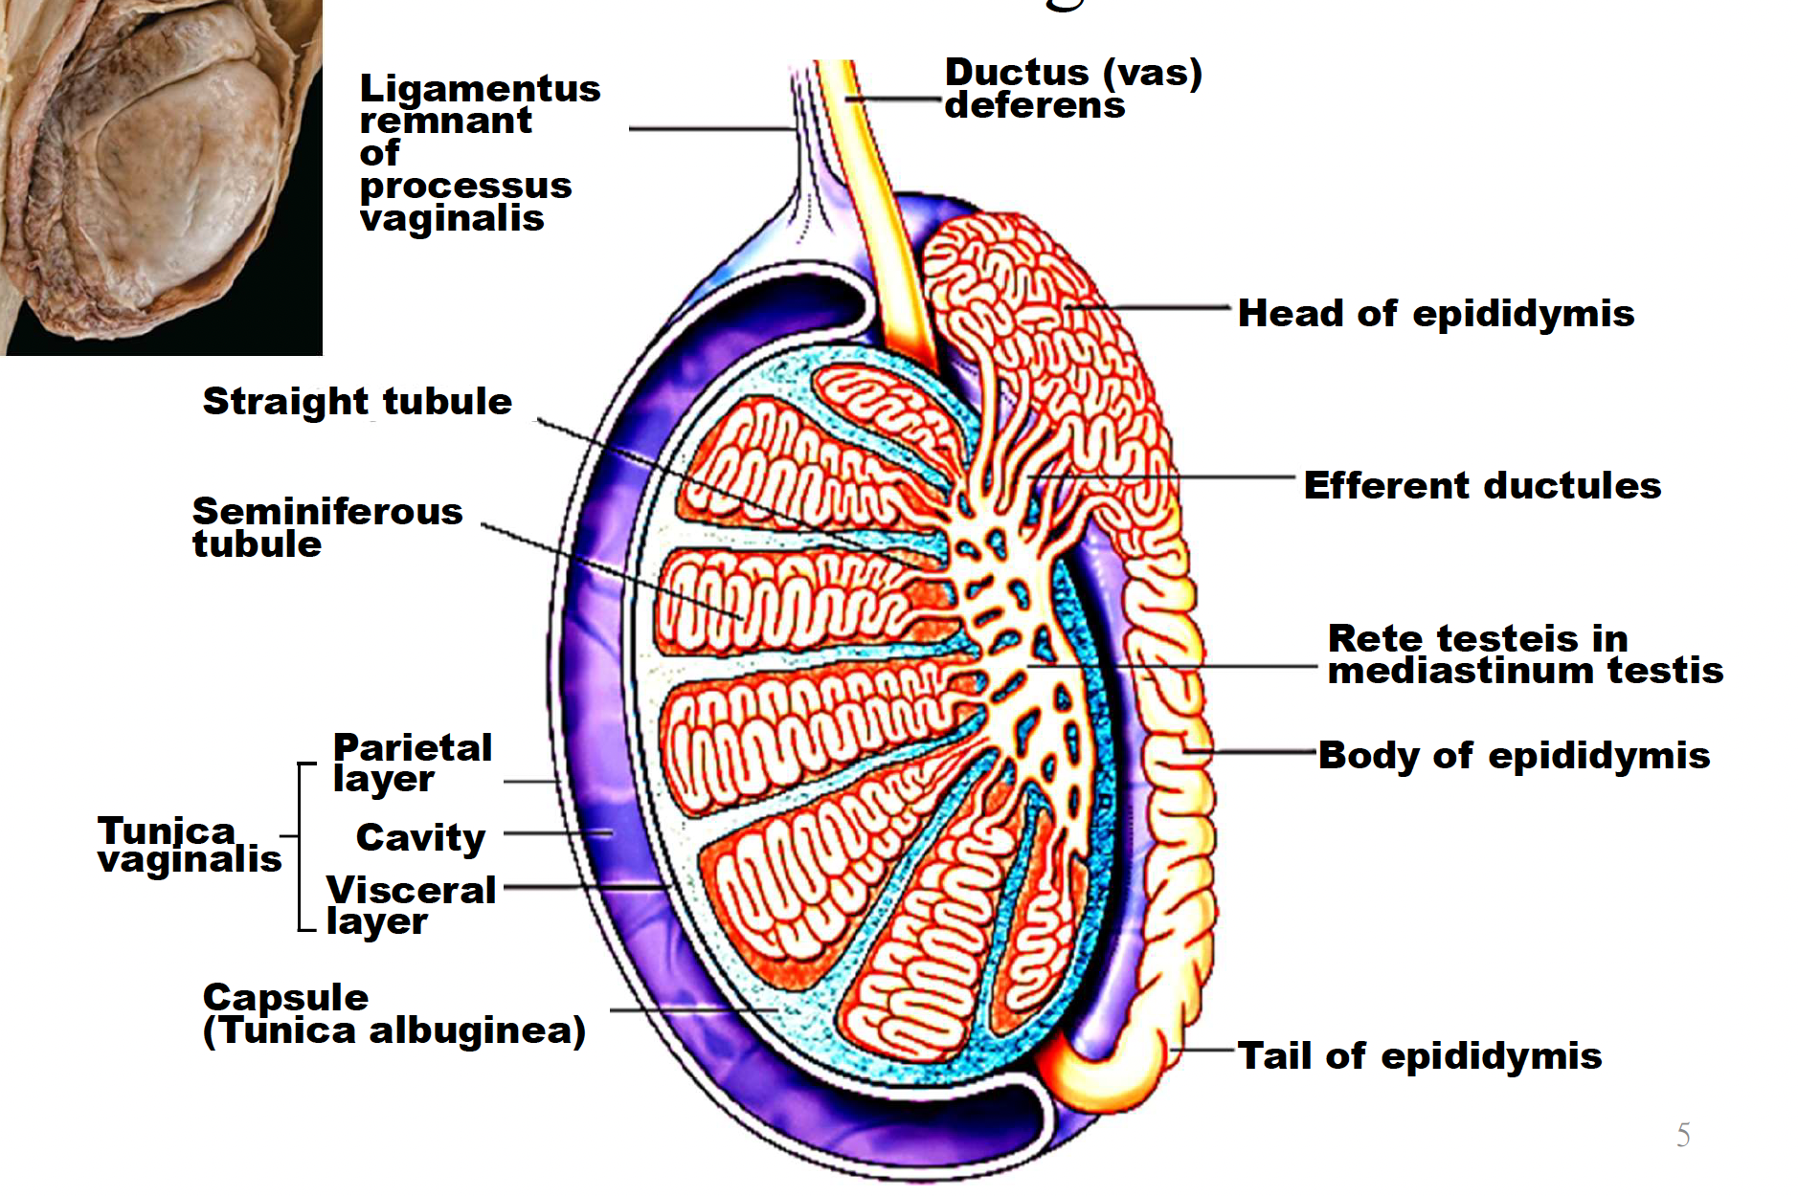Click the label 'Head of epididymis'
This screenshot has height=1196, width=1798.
click(x=1435, y=314)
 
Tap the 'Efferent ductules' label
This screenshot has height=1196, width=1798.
click(x=1482, y=486)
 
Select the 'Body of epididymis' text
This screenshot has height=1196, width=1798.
click(x=1514, y=756)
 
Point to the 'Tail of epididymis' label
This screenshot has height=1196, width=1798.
click(x=1419, y=1056)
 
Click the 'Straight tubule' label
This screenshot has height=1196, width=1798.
click(x=357, y=402)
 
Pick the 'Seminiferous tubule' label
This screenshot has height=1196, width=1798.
click(x=326, y=527)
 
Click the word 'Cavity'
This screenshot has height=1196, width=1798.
click(x=420, y=837)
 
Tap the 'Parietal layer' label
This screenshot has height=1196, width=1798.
click(x=412, y=763)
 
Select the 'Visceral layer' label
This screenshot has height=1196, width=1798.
click(x=411, y=904)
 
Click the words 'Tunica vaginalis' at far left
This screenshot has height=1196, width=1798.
click(x=190, y=845)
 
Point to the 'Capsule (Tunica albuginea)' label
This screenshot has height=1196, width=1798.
click(x=393, y=1014)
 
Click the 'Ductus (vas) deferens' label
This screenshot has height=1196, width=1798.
click(x=1072, y=88)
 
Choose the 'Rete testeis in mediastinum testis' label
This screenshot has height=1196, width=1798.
click(x=1524, y=654)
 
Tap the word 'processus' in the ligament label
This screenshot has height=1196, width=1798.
click(x=465, y=186)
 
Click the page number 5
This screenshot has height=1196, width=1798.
click(x=1683, y=1136)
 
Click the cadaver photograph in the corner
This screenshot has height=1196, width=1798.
click(x=161, y=177)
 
